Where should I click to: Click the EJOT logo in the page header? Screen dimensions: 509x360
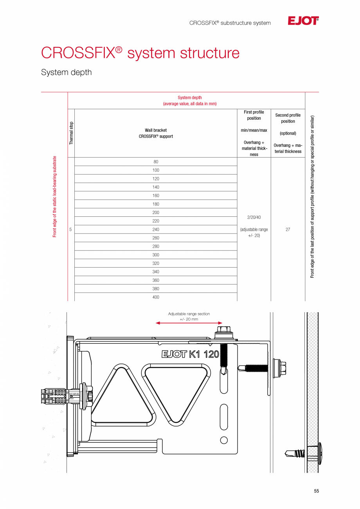[x=303, y=21]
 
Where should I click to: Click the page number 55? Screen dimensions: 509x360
[x=316, y=491]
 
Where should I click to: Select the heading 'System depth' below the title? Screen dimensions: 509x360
[x=66, y=72]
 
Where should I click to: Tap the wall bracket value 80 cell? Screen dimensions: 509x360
[x=156, y=162]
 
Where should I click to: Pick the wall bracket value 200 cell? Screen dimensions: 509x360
[x=156, y=212]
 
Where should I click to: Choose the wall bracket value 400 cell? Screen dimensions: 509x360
[x=156, y=297]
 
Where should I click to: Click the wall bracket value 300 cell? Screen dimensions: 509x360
[x=156, y=255]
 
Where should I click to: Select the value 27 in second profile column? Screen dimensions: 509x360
[x=288, y=230]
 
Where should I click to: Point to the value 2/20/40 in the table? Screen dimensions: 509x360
[x=254, y=217]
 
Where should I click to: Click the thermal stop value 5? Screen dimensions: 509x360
[x=70, y=230]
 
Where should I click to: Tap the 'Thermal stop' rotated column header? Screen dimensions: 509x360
[x=71, y=133]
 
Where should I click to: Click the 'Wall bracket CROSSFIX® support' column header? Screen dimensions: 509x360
[x=156, y=133]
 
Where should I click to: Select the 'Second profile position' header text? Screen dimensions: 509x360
[x=288, y=118]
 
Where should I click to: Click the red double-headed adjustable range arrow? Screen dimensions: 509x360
[x=189, y=323]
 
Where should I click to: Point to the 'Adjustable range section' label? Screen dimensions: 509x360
[x=189, y=314]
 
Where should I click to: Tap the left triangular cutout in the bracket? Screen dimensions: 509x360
[x=122, y=395]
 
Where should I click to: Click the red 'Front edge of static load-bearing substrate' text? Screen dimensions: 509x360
[x=55, y=196]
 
